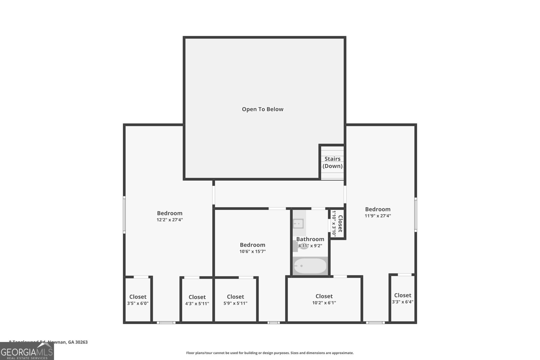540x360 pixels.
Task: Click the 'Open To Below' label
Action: [x=263, y=109]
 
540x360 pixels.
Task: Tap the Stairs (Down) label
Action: [x=332, y=162]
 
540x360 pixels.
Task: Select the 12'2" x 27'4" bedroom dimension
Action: [x=169, y=220]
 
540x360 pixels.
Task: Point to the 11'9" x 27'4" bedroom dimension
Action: [x=378, y=216]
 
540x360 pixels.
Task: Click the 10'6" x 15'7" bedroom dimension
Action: [x=252, y=251]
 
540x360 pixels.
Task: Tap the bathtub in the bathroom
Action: [x=310, y=266]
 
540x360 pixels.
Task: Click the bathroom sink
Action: [x=298, y=223]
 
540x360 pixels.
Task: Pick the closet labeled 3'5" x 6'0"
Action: [x=138, y=300]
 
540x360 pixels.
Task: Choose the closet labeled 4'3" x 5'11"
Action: [x=197, y=300]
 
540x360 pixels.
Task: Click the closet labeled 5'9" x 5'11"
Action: [x=235, y=300]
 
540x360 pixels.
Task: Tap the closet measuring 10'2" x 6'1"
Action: [x=324, y=299]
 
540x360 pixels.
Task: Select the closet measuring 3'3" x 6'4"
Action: [x=403, y=298]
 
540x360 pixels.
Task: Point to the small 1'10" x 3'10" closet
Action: [x=337, y=224]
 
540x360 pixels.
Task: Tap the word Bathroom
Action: [x=310, y=239]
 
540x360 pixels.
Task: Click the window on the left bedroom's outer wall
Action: [x=124, y=215]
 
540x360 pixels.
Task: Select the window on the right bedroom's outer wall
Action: [x=415, y=215]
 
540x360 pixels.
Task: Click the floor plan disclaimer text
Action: [x=270, y=353]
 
